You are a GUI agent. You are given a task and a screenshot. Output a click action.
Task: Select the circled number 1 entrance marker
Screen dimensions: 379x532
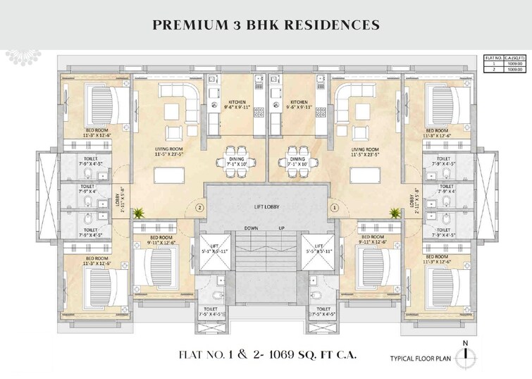334,208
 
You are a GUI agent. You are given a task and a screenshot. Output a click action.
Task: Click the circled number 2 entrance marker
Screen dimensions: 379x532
199,208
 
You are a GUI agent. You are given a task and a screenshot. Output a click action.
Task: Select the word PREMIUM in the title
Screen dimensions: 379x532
185,25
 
